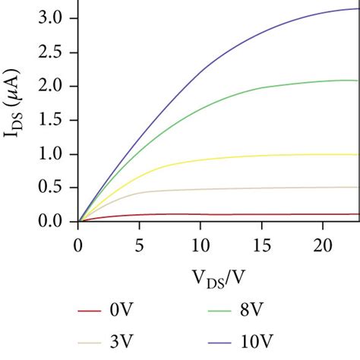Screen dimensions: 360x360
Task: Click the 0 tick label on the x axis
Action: (78, 243)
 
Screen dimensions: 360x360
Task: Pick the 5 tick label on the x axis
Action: (138, 243)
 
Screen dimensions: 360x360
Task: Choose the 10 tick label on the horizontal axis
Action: (200, 243)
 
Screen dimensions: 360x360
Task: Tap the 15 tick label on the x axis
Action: (261, 243)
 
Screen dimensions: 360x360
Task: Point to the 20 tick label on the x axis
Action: (322, 243)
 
